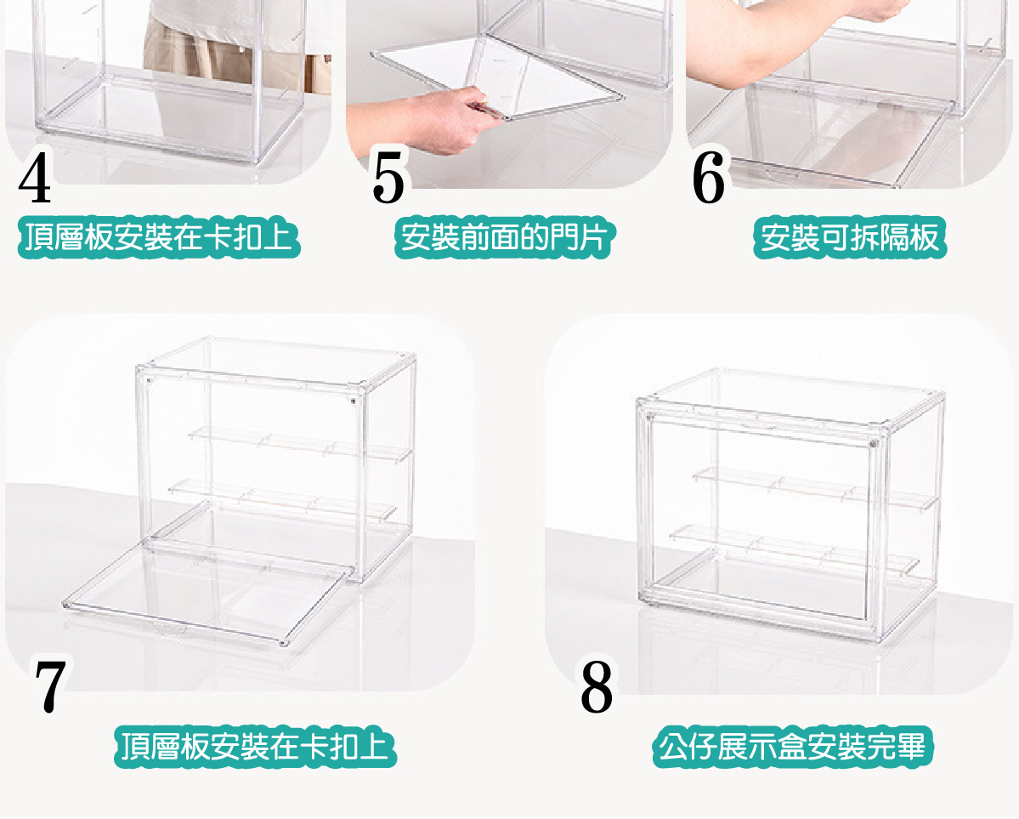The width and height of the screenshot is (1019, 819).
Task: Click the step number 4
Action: click(x=35, y=180)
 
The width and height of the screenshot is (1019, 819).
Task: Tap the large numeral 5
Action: click(x=388, y=180)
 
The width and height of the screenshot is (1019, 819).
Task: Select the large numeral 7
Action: click(x=50, y=686)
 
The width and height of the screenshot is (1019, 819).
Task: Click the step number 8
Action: click(x=597, y=686)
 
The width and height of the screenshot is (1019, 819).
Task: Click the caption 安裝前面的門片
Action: click(x=503, y=238)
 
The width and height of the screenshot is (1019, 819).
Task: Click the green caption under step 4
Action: click(x=160, y=238)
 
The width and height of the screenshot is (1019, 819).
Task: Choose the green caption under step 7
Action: click(x=255, y=747)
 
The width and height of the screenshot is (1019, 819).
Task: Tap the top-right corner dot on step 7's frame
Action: click(x=353, y=398)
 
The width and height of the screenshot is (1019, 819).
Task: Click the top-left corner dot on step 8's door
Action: click(x=650, y=418)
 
